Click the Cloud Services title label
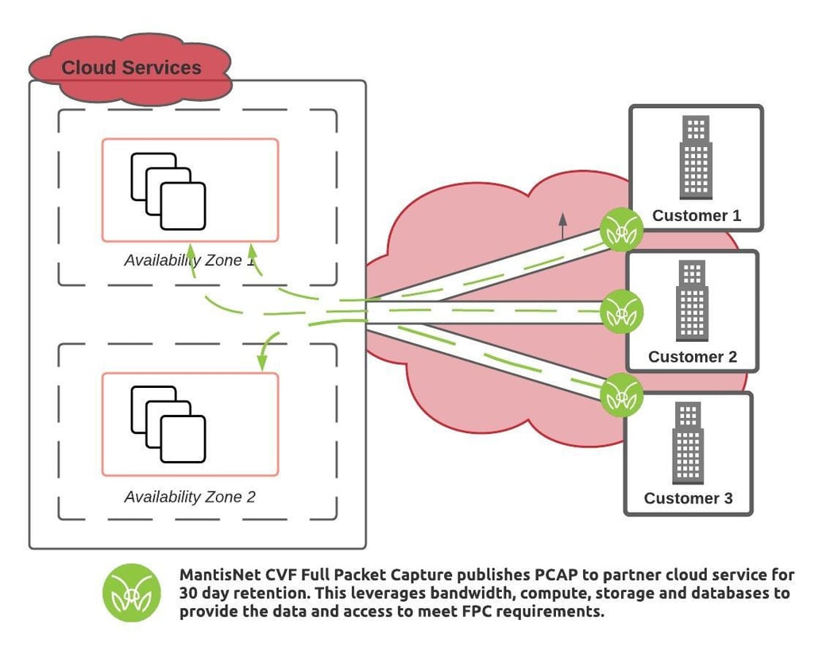point(131,68)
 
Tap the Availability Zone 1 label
point(190,260)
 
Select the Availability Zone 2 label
point(190,497)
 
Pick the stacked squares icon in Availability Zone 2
point(168,424)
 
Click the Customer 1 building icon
point(696,158)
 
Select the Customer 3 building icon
point(688,443)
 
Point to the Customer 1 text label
point(696,215)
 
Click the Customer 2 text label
point(692,357)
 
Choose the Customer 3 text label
point(688,498)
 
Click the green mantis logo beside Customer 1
point(620,230)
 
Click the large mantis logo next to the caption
point(132,593)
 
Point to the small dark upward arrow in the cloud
point(563,226)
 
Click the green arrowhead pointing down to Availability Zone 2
point(261,364)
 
